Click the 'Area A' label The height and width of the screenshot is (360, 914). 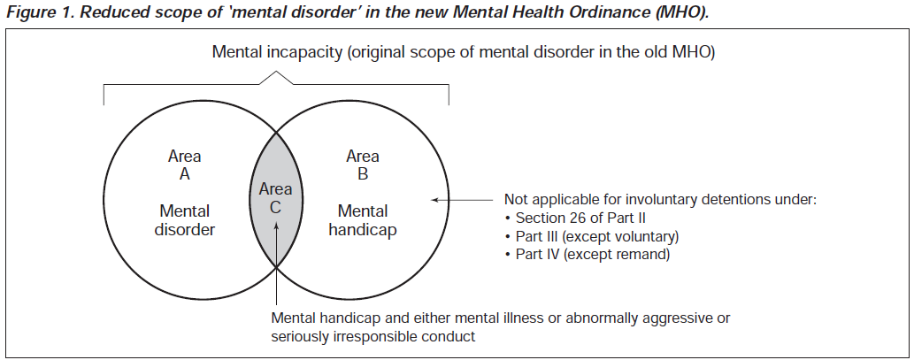(185, 165)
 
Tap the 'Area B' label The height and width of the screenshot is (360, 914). (363, 165)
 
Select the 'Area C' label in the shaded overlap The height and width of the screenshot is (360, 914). (276, 198)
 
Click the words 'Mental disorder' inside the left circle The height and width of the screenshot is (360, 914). (185, 219)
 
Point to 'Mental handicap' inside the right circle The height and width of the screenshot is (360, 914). (363, 219)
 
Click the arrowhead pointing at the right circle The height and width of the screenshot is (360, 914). (435, 200)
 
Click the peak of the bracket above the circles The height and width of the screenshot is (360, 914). (276, 73)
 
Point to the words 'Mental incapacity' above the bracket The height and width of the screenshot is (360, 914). (278, 52)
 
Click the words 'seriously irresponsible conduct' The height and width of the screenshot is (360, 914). (373, 337)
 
